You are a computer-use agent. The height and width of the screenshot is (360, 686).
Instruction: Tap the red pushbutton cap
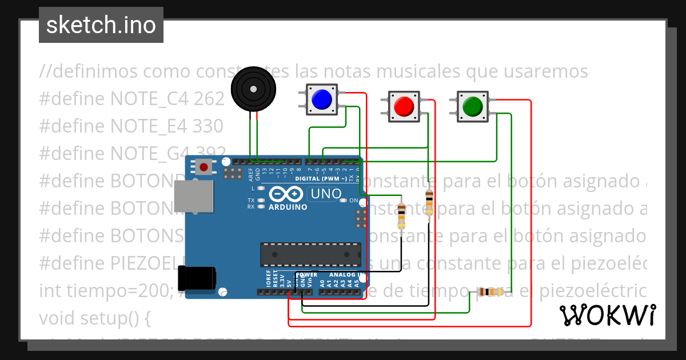coord(404,106)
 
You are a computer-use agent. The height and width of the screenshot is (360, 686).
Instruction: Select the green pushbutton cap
coord(473,106)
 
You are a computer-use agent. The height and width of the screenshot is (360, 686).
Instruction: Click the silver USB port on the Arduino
coord(193,199)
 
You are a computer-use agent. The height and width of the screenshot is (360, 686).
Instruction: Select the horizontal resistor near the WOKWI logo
coord(490,292)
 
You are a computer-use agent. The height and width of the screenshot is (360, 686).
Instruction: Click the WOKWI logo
coord(607,315)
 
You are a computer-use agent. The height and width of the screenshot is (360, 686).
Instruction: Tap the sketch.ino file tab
coord(101,25)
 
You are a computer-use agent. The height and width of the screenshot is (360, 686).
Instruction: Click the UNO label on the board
coord(324,194)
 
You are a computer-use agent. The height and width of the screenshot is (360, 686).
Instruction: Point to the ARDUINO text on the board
coord(288,206)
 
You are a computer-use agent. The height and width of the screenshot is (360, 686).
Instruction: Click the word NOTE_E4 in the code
coord(149,126)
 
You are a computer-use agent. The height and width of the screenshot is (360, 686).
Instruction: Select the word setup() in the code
coord(118,318)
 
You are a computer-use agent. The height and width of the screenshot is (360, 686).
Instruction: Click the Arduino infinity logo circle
coord(287,194)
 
